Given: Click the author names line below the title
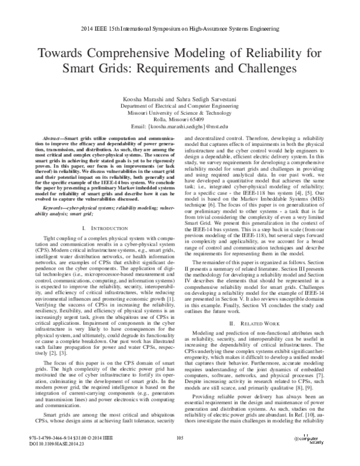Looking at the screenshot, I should click(180, 97).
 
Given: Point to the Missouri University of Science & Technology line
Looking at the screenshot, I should click(180, 112).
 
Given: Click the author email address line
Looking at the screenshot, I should click(180, 126).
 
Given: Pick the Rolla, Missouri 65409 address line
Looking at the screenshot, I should click(180, 119).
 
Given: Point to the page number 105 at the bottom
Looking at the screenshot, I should click(180, 455).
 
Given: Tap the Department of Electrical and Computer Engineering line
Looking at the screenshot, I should click(180, 104).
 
